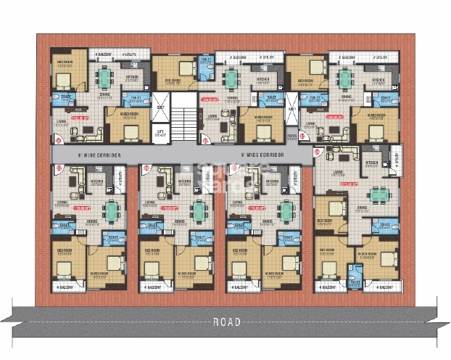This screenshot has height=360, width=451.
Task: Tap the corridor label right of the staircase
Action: pyautogui.click(x=262, y=155)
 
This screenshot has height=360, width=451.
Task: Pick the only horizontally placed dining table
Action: pyautogui.click(x=378, y=194)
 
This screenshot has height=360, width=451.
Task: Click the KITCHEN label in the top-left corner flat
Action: pyautogui.click(x=133, y=76)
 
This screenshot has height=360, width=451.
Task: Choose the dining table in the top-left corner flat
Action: pyautogui.click(x=106, y=77)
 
